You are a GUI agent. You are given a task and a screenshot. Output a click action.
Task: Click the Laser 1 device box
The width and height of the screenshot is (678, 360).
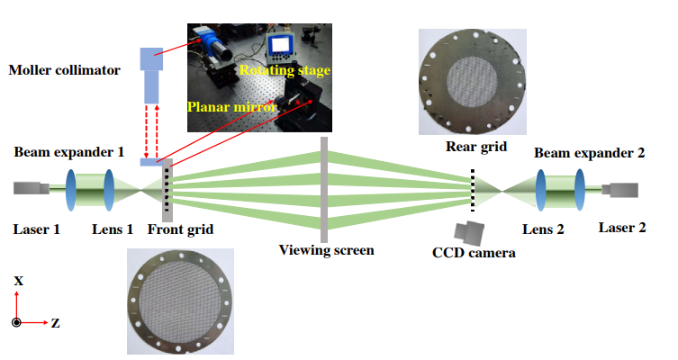click(x=32, y=189)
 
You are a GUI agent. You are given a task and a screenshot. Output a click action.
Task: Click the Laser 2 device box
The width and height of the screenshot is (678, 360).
click(x=621, y=190)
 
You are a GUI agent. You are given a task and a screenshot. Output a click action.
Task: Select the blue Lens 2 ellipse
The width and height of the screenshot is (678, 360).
click(x=542, y=190)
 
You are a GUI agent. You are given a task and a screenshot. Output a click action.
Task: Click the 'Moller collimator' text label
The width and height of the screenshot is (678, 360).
click(x=63, y=68)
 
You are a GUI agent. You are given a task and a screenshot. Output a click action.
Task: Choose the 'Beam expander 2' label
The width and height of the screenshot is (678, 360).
click(x=590, y=153)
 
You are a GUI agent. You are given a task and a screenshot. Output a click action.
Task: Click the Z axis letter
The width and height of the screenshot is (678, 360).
click(x=56, y=322)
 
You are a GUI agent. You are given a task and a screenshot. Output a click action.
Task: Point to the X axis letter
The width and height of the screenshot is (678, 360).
click(x=19, y=281)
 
